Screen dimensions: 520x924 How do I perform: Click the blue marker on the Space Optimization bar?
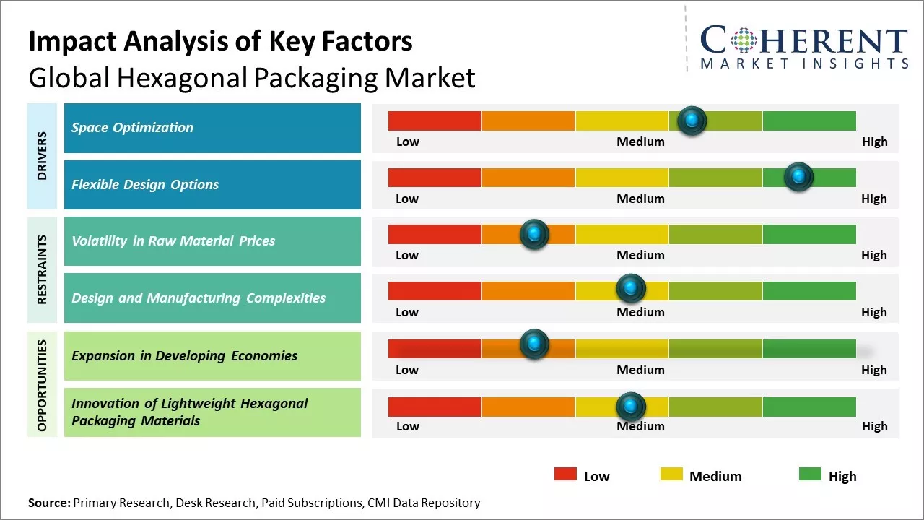(x=692, y=121)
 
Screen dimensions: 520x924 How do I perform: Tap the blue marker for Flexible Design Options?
(x=798, y=177)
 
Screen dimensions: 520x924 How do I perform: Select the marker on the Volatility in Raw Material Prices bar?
(x=534, y=234)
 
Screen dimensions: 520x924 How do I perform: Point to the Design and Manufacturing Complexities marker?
(x=631, y=288)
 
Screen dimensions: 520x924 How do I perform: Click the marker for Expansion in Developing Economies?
(x=534, y=344)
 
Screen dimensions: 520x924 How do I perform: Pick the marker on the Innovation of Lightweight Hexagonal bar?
(x=631, y=407)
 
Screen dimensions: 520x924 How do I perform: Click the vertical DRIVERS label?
(x=42, y=156)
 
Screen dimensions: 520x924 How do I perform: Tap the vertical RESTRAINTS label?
(x=42, y=269)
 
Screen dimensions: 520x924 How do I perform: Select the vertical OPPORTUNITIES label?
(x=42, y=384)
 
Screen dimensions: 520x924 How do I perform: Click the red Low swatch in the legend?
(x=565, y=474)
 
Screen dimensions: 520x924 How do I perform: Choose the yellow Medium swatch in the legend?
(x=671, y=474)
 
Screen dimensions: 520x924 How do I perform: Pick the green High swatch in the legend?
(x=810, y=474)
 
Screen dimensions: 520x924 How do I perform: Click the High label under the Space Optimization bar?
(x=874, y=142)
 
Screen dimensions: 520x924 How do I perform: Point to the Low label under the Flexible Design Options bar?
(x=407, y=199)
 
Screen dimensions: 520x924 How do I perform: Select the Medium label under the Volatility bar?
(x=640, y=255)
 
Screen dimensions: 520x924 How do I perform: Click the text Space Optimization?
(x=132, y=128)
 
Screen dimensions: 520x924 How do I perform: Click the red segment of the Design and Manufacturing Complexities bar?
(x=435, y=291)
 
